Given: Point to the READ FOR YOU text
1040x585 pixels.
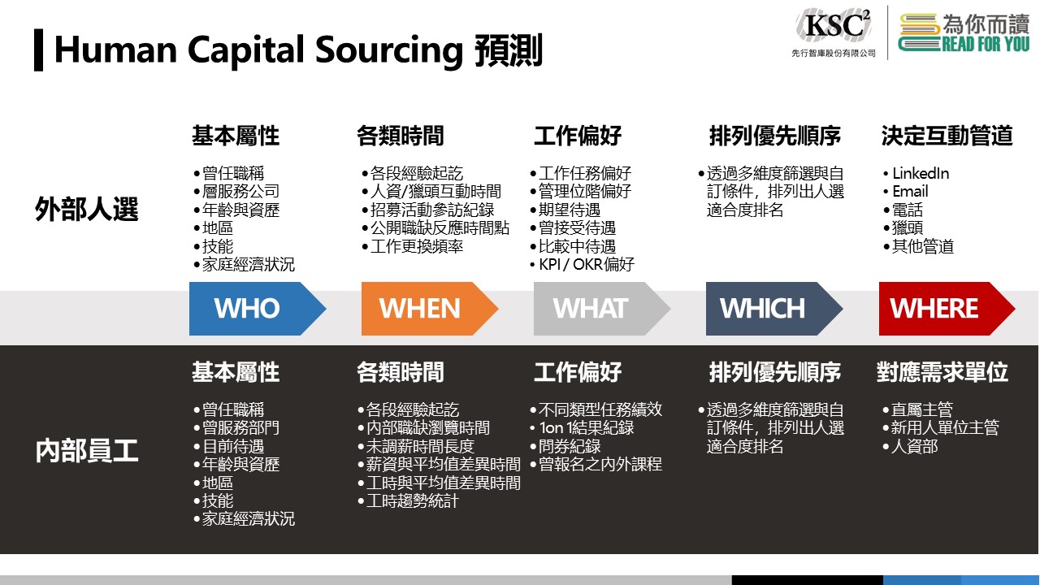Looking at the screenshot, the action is (986, 45).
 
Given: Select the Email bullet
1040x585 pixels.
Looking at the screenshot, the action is (905, 191).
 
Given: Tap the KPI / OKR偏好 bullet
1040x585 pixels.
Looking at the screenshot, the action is (582, 264).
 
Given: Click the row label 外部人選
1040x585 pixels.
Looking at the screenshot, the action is (87, 209).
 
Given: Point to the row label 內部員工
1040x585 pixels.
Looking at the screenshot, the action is (87, 451).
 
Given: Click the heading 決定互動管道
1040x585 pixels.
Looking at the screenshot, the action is (947, 136).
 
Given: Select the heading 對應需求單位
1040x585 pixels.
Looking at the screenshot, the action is (942, 372).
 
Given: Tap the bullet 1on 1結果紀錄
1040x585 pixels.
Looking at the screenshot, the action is (582, 427).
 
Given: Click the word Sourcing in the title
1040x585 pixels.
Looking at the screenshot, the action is (389, 50).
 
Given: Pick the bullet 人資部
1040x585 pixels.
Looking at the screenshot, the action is (910, 446).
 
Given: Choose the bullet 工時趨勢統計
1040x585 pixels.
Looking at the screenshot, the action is (409, 501).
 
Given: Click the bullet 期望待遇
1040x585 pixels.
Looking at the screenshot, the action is (565, 210).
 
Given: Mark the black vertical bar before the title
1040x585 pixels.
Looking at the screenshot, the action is (38, 50).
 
